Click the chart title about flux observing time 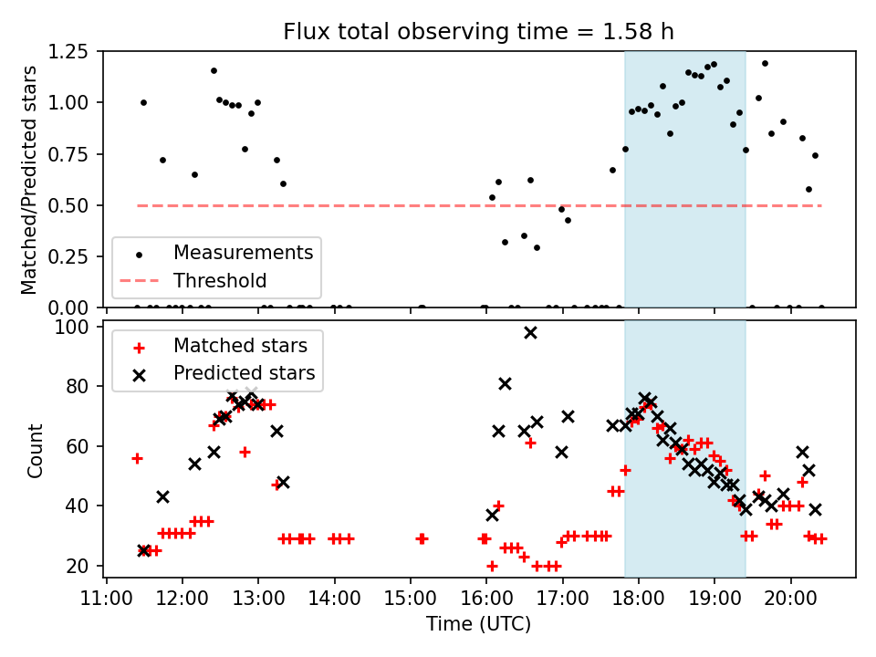coord(479,32)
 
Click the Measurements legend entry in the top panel coord(243,252)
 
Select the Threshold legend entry coord(220,280)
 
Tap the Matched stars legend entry coord(240,346)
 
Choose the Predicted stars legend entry coord(245,372)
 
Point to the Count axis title coord(36,450)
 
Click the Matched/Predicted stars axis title coord(29,180)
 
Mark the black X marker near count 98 coord(530,333)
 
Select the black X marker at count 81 coord(505,383)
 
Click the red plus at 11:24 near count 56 coord(137,458)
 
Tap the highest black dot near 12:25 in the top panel coord(214,70)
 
